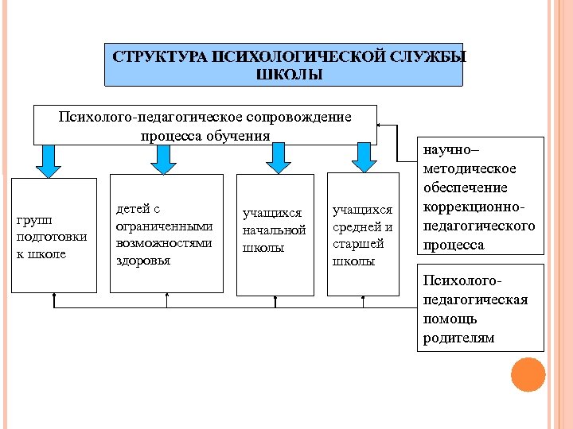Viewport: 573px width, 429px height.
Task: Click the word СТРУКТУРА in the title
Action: pyautogui.click(x=156, y=58)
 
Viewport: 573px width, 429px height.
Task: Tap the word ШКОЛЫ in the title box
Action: pyautogui.click(x=289, y=75)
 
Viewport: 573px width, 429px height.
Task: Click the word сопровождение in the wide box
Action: pyautogui.click(x=297, y=118)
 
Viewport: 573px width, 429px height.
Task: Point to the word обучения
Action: pyautogui.click(x=236, y=135)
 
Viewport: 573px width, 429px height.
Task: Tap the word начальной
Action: pyautogui.click(x=274, y=230)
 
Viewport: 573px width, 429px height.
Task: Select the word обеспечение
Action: pyautogui.click(x=466, y=188)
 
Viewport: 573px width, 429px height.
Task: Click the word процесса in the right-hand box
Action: pyautogui.click(x=454, y=245)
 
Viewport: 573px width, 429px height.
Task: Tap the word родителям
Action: pyautogui.click(x=458, y=338)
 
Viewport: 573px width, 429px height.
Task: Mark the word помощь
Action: pyautogui.click(x=450, y=319)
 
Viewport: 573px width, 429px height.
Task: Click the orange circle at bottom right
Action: pyautogui.click(x=528, y=374)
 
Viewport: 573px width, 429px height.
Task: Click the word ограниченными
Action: pyautogui.click(x=164, y=226)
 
